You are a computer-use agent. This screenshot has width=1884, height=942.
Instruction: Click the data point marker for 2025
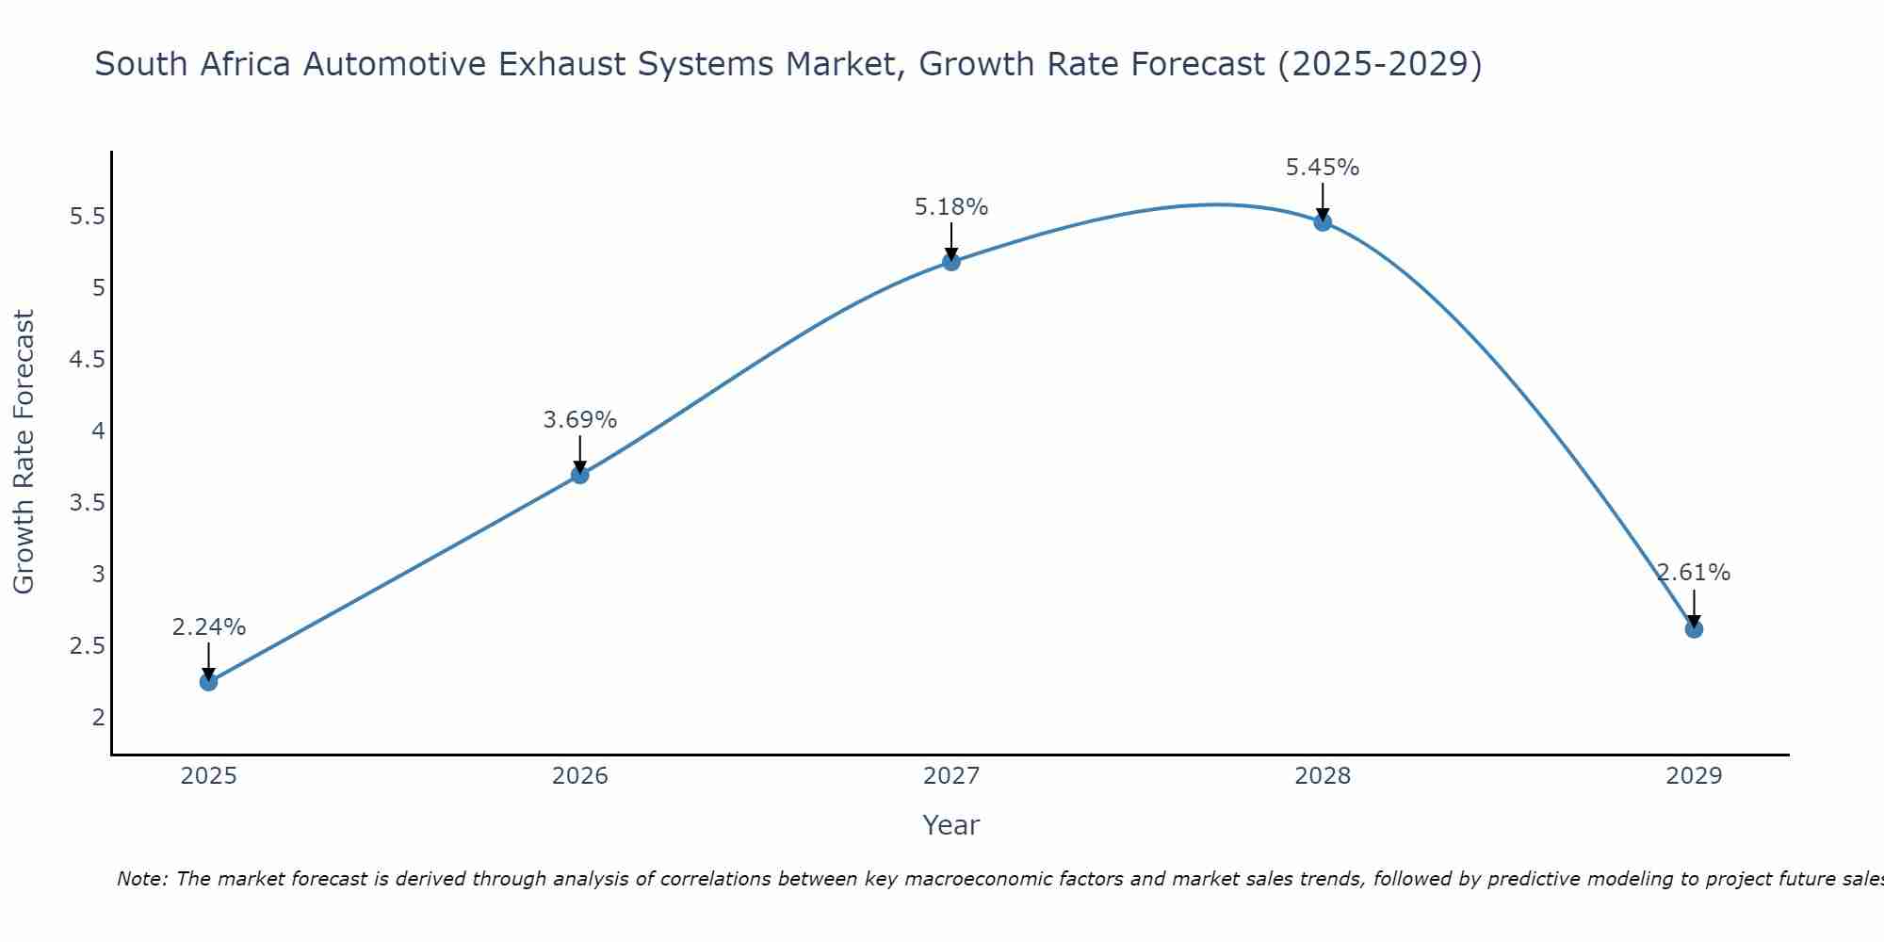tap(208, 681)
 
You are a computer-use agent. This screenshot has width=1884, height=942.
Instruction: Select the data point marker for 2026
tap(579, 475)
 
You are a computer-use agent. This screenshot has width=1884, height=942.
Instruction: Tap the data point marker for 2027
tap(950, 262)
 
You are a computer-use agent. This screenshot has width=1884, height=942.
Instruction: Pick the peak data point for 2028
tap(1322, 222)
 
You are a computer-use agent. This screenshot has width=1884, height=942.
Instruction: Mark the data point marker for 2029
tap(1693, 628)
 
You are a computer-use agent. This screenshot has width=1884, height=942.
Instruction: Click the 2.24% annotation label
tap(208, 627)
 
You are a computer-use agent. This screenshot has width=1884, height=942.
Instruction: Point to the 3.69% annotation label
tap(579, 420)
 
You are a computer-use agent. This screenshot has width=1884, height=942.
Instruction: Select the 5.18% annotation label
tap(950, 207)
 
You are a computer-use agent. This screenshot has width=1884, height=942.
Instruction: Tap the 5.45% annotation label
tap(1322, 168)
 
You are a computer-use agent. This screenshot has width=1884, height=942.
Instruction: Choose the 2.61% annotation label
tap(1693, 573)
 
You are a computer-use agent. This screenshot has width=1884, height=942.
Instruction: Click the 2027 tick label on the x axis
tap(950, 776)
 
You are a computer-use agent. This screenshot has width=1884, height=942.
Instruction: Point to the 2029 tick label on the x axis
tap(1693, 776)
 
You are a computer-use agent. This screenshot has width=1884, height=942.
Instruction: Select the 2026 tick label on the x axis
tap(579, 776)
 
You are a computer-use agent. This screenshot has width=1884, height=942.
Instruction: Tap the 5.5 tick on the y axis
tap(87, 217)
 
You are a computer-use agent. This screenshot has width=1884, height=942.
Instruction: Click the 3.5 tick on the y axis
tap(87, 503)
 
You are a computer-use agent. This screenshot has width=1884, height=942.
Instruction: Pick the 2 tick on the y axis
tap(98, 718)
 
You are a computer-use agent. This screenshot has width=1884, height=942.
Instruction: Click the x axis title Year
tap(950, 825)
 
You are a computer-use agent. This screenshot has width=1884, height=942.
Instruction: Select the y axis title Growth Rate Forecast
tap(24, 452)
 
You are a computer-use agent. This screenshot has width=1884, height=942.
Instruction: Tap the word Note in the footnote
tap(140, 879)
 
